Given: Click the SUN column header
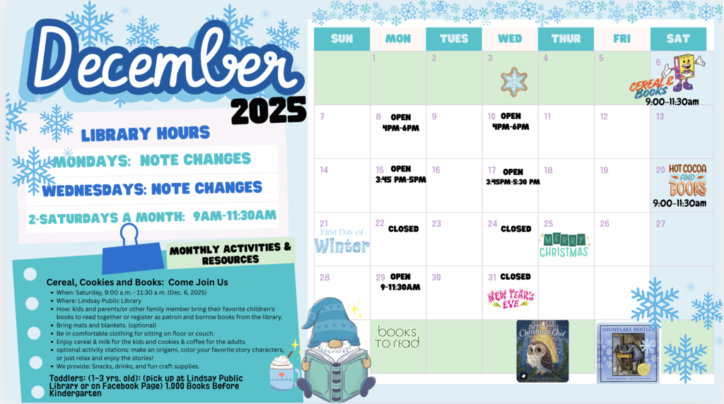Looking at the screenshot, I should coord(341,39).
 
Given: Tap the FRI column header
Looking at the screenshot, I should coord(622,39).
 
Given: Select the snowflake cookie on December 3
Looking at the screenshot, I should coord(514,81).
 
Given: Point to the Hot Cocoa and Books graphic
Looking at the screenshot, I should coord(687,180).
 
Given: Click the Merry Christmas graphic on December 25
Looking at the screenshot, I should coord(564,245).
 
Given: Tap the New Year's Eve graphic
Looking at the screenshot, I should coord(510,297).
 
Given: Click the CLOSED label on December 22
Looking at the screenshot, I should coord(403,229).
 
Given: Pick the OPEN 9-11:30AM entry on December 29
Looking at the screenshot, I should coord(399,282).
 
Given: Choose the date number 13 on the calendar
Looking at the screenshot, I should coord(660,117).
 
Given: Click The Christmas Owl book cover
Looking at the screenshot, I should coord(542,350).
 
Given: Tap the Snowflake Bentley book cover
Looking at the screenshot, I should coord(627,352).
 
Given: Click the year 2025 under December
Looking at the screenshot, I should coord(269,111).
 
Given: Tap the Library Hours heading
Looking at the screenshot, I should coord(145,133).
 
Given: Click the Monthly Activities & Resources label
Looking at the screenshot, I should coord(230,254).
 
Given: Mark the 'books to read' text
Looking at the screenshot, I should coord(397,337).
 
